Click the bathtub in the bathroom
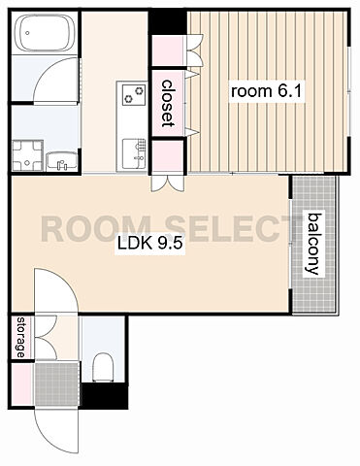point(46,32)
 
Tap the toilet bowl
point(103,367)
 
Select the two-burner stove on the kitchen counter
point(134,94)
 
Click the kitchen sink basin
point(134,153)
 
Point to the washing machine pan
point(27,155)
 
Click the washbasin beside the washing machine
point(61,161)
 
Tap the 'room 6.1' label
point(266,91)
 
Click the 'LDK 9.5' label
point(150,244)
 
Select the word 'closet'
point(168,103)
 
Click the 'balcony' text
point(313,244)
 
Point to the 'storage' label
point(21,337)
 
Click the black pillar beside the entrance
point(104,396)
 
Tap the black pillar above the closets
point(168,22)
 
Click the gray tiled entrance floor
point(57,383)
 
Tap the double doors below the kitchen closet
point(168,183)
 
